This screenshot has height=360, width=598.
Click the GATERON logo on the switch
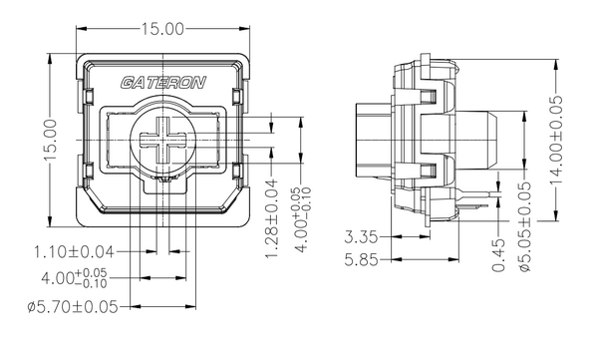click(x=163, y=83)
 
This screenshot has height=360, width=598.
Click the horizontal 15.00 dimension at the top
click(x=162, y=29)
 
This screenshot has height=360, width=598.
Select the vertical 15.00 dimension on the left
click(x=50, y=140)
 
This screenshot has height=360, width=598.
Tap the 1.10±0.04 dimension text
click(x=75, y=252)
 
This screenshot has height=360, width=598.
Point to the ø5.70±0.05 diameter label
click(x=73, y=306)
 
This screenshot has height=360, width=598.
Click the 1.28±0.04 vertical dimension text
click(x=271, y=218)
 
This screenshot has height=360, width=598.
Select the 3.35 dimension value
click(x=361, y=237)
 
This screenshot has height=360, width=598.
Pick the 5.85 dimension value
click(x=361, y=260)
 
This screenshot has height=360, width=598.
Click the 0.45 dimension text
click(x=498, y=255)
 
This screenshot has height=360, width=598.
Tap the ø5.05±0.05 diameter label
click(x=525, y=226)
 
